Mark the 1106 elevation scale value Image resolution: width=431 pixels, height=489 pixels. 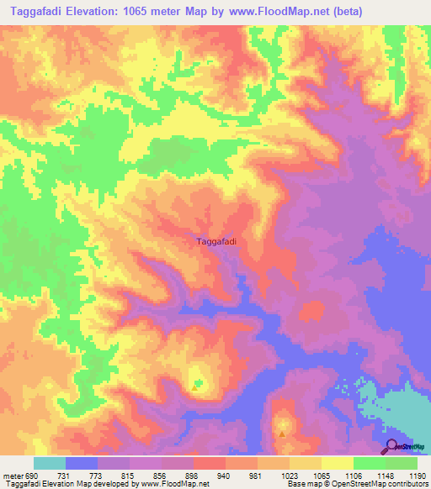[x=353, y=476]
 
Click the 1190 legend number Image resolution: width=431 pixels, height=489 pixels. [x=416, y=476]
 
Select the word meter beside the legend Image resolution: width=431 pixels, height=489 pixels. [x=10, y=476]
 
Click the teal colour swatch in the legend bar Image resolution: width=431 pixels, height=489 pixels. [x=50, y=463]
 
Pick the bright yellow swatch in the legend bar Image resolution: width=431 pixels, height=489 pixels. [x=337, y=463]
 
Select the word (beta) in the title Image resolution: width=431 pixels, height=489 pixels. [x=406, y=11]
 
